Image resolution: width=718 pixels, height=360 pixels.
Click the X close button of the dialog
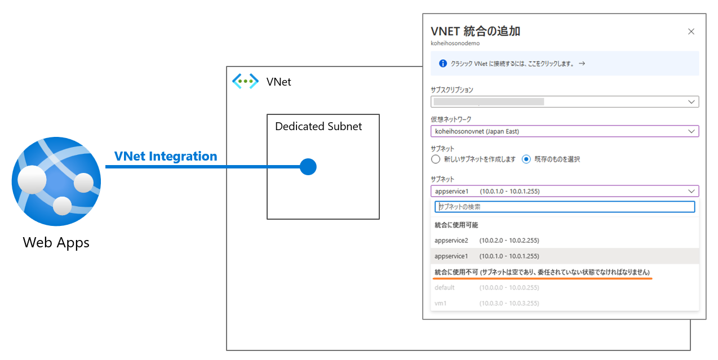(x=691, y=32)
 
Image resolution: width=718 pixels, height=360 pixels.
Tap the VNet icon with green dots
(x=245, y=81)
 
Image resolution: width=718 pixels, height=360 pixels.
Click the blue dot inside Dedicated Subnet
(x=308, y=167)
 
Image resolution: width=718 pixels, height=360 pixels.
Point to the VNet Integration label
(x=166, y=157)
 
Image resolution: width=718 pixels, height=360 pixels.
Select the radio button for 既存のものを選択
(x=526, y=159)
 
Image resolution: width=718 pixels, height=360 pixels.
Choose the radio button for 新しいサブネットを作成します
(x=435, y=159)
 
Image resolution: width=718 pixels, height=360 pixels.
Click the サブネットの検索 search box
(x=565, y=207)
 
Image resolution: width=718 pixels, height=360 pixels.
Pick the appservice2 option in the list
(x=487, y=241)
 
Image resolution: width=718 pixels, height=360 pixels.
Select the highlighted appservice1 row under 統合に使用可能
(x=487, y=256)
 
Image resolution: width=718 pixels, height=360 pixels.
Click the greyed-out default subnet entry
(x=487, y=288)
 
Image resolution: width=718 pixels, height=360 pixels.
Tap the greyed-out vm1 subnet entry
(x=487, y=304)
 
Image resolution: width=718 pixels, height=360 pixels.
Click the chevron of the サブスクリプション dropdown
(x=692, y=102)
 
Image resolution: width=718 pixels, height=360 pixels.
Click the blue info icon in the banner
(x=443, y=64)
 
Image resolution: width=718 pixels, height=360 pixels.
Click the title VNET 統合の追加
(x=475, y=32)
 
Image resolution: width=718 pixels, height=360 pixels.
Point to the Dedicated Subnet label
(x=318, y=127)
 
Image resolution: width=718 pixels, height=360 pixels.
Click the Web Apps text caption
(x=56, y=243)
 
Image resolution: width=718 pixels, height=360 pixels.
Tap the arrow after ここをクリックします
(x=582, y=64)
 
